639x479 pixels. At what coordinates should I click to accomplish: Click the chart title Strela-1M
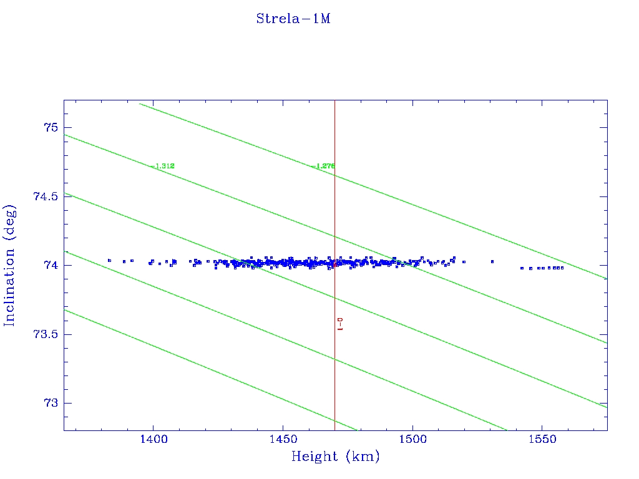pyautogui.click(x=293, y=19)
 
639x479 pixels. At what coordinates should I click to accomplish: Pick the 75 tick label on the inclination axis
pyautogui.click(x=50, y=128)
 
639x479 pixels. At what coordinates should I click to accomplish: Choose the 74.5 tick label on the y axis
pyautogui.click(x=45, y=196)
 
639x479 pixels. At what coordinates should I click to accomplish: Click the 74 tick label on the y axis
pyautogui.click(x=50, y=266)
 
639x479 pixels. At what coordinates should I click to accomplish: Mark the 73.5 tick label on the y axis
pyautogui.click(x=45, y=334)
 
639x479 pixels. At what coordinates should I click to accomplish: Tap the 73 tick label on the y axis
pyautogui.click(x=50, y=404)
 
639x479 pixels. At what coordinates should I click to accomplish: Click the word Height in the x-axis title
pyautogui.click(x=315, y=457)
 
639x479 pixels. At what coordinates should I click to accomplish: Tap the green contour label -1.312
pyautogui.click(x=162, y=166)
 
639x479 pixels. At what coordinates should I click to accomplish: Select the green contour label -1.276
pyautogui.click(x=323, y=166)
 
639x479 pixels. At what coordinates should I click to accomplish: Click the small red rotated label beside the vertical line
pyautogui.click(x=340, y=324)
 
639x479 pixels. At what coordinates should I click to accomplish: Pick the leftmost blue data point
pyautogui.click(x=109, y=260)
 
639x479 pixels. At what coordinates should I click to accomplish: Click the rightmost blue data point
pyautogui.click(x=562, y=268)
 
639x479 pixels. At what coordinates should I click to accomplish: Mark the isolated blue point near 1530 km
pyautogui.click(x=492, y=261)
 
